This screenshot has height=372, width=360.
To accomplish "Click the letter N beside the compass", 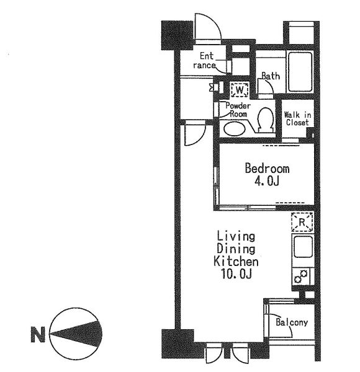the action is click(x=38, y=335).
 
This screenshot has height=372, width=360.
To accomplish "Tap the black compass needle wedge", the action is click(x=78, y=334).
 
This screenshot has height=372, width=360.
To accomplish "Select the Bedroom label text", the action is click(x=267, y=169).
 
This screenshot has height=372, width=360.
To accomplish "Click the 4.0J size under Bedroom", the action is click(x=266, y=182).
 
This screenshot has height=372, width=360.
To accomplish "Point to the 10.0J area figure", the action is click(x=236, y=274).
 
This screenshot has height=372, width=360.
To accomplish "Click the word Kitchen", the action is click(x=236, y=262).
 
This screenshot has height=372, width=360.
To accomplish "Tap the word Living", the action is click(x=236, y=237).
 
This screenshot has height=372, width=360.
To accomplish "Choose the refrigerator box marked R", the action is click(x=302, y=222).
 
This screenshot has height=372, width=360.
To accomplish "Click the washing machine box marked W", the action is click(x=240, y=90).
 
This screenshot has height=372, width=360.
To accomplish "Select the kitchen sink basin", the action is click(x=303, y=247).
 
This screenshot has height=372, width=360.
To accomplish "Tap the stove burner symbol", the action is click(x=301, y=276).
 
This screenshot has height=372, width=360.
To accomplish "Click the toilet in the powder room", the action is click(x=265, y=120).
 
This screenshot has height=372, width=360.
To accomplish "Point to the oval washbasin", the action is click(x=235, y=129).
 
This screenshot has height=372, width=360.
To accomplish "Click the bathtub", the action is click(x=300, y=72).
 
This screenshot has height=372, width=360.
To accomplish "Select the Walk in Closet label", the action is click(x=297, y=119).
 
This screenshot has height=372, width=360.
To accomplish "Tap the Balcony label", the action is click(x=292, y=322).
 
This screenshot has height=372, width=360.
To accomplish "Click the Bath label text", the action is click(x=271, y=76).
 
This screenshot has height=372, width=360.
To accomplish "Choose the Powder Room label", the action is click(x=238, y=110).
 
